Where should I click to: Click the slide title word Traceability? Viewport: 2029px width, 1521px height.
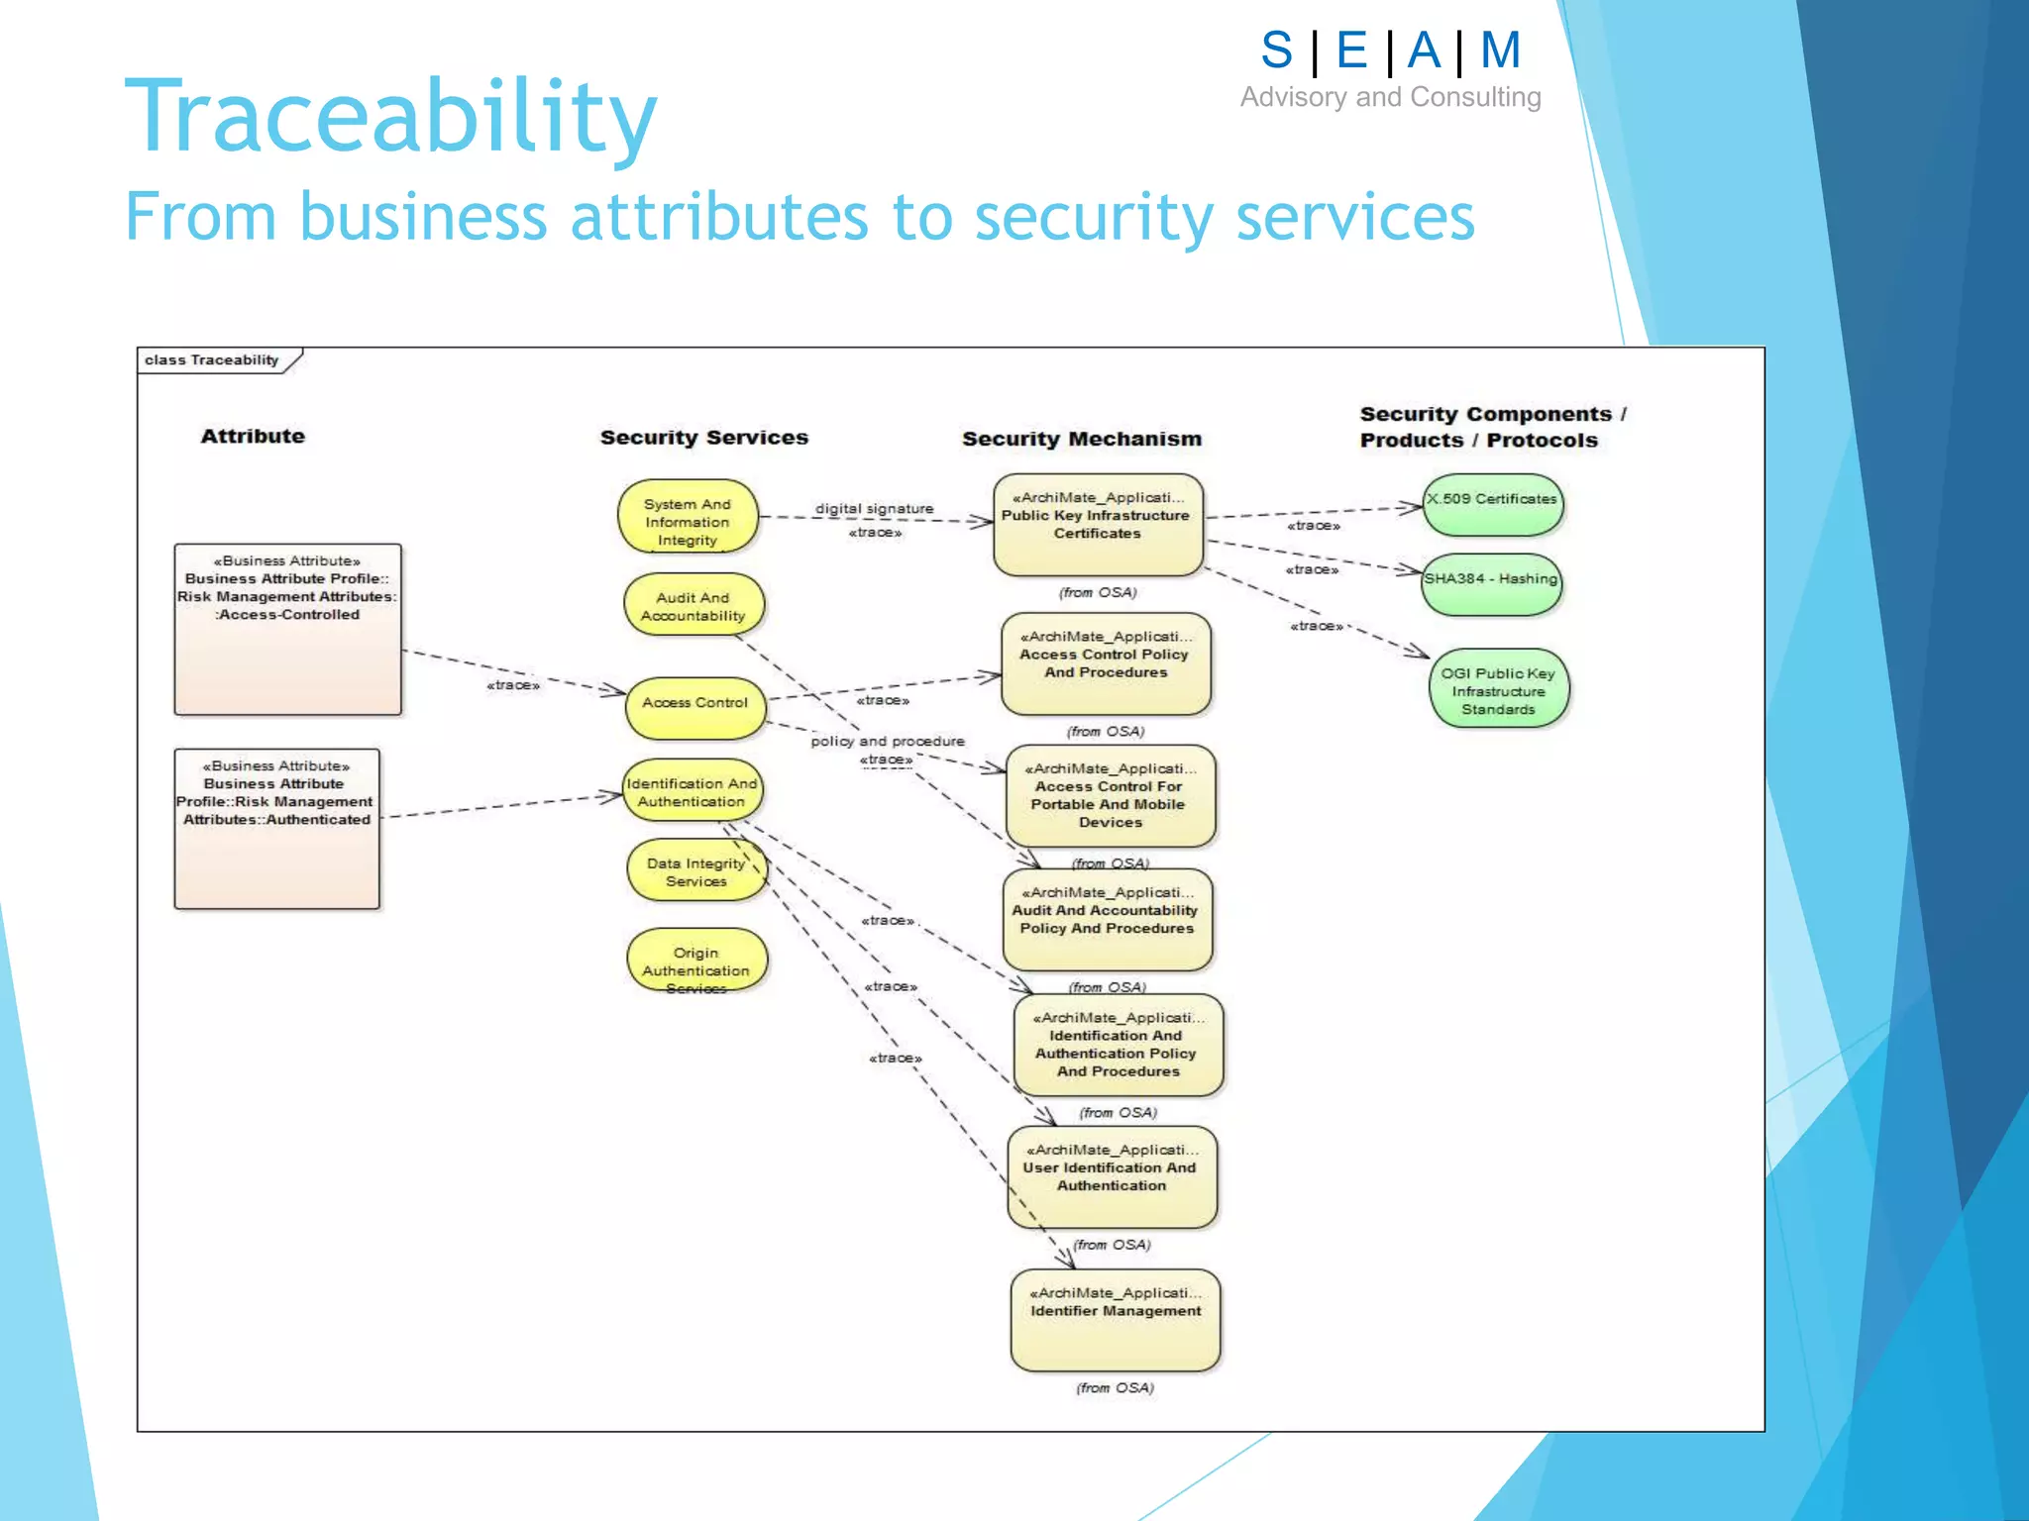(x=390, y=117)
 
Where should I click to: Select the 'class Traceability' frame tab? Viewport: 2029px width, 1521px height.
(x=213, y=360)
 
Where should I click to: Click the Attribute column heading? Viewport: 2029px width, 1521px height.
(x=253, y=436)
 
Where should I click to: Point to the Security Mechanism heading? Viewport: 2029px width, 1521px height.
(x=1081, y=439)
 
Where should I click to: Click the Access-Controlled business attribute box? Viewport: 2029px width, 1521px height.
(x=287, y=628)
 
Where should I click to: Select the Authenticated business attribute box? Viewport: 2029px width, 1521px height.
(x=276, y=828)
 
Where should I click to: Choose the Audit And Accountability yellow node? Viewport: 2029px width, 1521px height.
(x=694, y=606)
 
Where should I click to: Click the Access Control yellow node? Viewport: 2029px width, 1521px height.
(x=695, y=704)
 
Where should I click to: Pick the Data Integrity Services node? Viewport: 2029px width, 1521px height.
(x=696, y=871)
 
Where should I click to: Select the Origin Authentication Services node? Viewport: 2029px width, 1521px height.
(x=696, y=962)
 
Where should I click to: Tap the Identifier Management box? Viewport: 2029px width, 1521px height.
(x=1116, y=1320)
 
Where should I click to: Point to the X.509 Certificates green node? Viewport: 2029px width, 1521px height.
(x=1492, y=503)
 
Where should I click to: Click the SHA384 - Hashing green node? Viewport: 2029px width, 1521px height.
(x=1491, y=582)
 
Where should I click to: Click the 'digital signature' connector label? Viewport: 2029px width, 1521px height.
(x=874, y=509)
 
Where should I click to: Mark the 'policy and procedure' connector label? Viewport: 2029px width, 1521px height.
(x=887, y=741)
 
